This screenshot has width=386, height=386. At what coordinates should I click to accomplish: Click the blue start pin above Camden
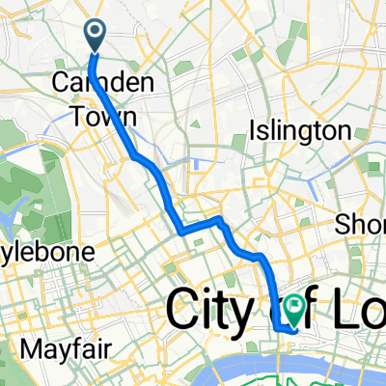tap(97, 36)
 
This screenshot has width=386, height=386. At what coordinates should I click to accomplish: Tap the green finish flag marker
tap(293, 308)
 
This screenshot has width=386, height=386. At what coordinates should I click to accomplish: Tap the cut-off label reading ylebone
tap(45, 252)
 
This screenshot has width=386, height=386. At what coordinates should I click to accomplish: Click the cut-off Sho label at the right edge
tap(359, 225)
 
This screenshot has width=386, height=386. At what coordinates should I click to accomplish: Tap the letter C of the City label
tap(183, 312)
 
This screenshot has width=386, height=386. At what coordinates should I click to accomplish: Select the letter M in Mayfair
tap(57, 345)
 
